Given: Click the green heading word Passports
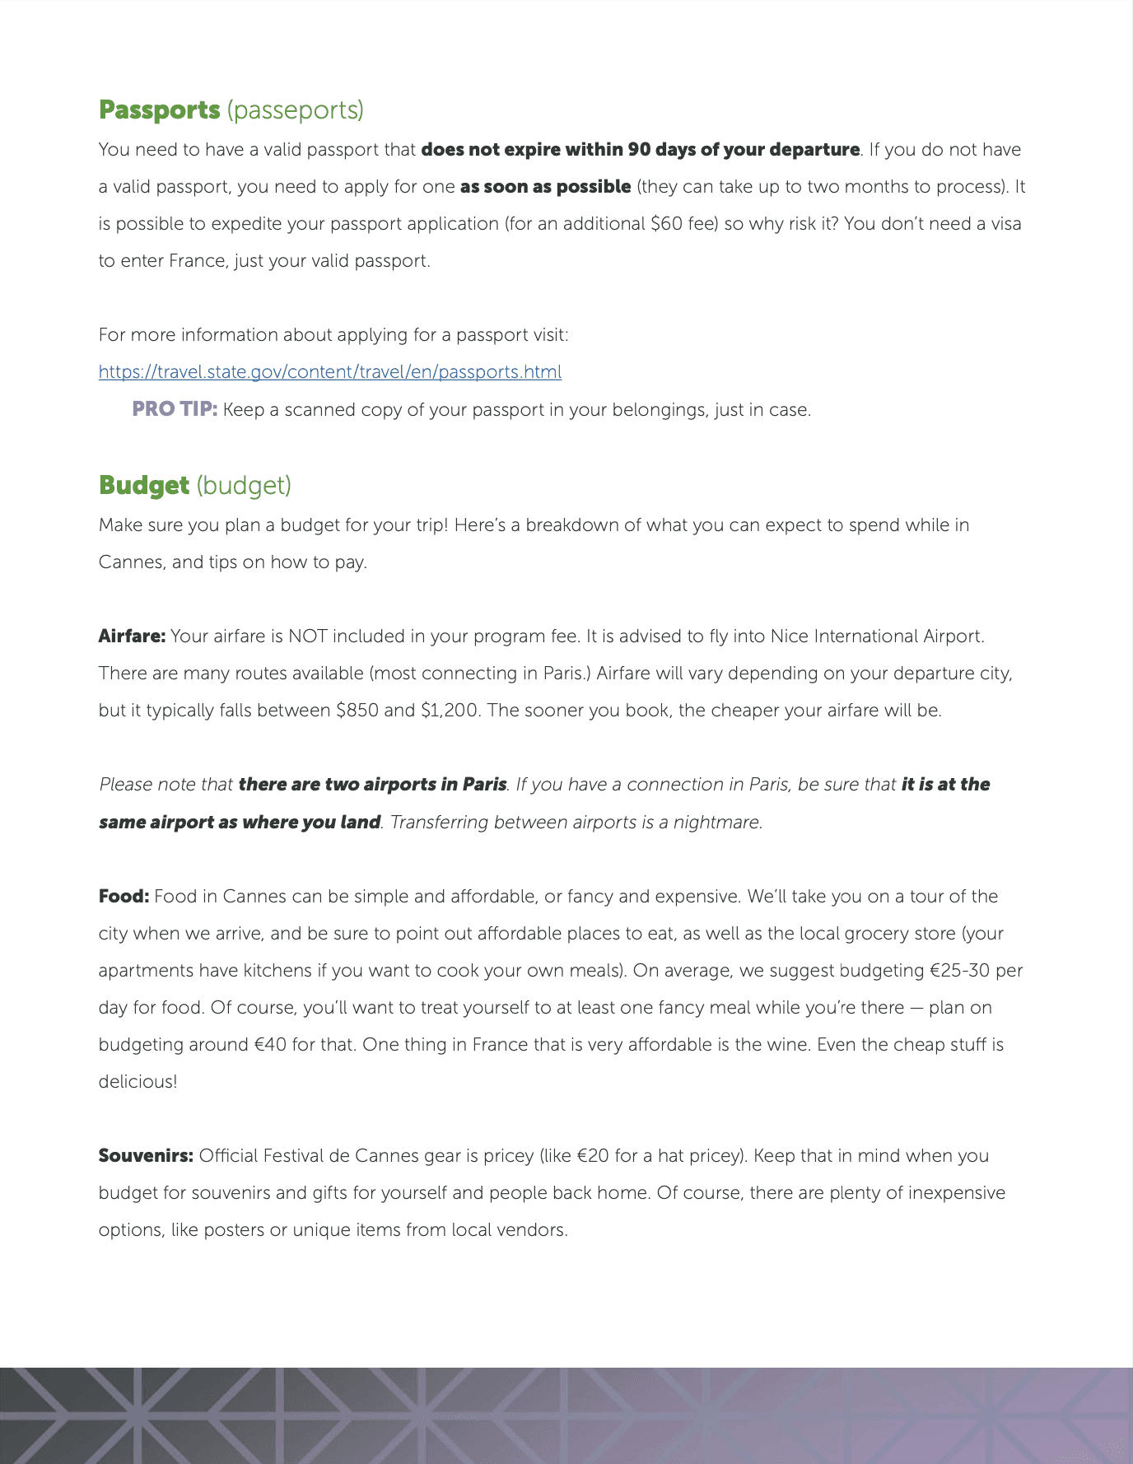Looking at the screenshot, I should (159, 110).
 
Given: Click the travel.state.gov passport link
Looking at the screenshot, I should (329, 372).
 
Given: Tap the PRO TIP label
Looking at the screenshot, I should (175, 409).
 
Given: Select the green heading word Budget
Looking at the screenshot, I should (144, 486).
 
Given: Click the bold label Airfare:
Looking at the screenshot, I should (132, 636).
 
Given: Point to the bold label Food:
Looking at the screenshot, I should (124, 897).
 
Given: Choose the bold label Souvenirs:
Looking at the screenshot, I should (146, 1156).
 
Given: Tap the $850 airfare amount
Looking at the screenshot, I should (357, 711).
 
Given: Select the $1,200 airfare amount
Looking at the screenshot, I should (449, 711).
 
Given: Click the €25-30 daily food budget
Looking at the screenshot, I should (959, 971).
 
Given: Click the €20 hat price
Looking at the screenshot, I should (593, 1156).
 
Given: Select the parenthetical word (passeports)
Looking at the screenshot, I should (295, 110).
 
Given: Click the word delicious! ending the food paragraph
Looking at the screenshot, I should (138, 1082).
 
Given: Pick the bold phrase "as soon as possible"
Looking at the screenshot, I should (545, 187).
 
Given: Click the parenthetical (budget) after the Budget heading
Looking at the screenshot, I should (244, 486).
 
